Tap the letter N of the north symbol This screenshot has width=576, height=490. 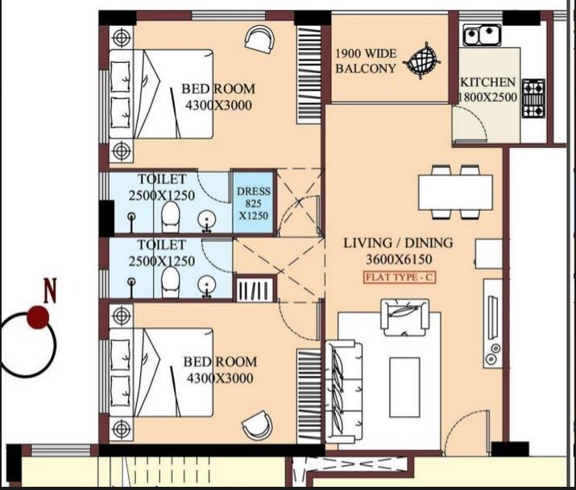(x=50, y=290)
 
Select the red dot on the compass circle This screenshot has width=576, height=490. (x=36, y=318)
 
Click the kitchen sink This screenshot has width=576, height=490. (x=480, y=35)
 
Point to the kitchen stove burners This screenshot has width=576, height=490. (x=533, y=98)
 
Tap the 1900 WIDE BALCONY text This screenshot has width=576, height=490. (x=366, y=61)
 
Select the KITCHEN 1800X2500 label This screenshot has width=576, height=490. (x=487, y=89)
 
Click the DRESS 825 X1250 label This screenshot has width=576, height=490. (x=254, y=204)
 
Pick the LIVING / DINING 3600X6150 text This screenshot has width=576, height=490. (x=398, y=250)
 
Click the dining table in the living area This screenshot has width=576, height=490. (x=455, y=192)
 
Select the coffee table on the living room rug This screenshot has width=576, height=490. (x=404, y=385)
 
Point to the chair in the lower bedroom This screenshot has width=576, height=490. (x=258, y=424)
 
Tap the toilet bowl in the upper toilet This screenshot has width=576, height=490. (x=169, y=216)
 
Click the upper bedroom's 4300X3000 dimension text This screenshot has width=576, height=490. (x=220, y=105)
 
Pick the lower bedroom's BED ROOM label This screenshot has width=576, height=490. (x=220, y=362)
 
